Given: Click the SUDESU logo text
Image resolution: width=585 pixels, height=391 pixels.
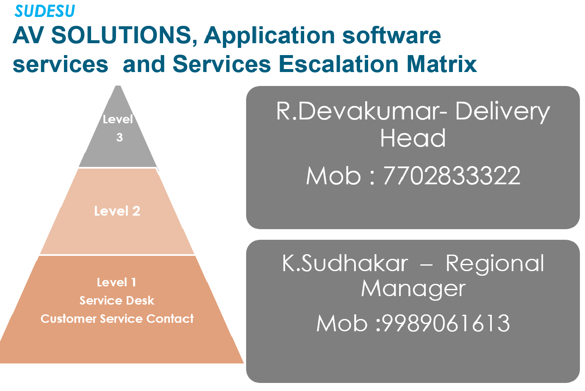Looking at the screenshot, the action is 45,11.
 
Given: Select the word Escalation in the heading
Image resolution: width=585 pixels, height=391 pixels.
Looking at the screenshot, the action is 339,64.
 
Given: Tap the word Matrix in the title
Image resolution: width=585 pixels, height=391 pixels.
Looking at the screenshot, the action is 442,64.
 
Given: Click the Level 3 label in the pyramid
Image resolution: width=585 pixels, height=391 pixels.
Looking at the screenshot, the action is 118,128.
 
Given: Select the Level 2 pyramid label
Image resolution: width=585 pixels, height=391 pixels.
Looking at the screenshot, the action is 117,211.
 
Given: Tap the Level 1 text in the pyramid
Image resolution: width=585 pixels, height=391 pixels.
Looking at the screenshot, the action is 116,283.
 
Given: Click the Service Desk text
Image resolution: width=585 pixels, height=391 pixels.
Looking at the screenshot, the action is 117,301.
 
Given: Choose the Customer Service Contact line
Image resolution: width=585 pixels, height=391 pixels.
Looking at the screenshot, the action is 117,319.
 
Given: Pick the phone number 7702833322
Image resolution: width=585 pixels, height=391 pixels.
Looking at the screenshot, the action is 452,175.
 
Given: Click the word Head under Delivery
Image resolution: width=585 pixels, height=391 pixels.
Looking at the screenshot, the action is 413,138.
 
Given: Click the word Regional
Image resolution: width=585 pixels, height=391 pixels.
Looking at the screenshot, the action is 495,264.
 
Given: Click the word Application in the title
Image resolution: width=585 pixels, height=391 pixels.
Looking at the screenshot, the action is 269,36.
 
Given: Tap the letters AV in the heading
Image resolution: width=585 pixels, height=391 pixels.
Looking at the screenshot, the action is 28,35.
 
